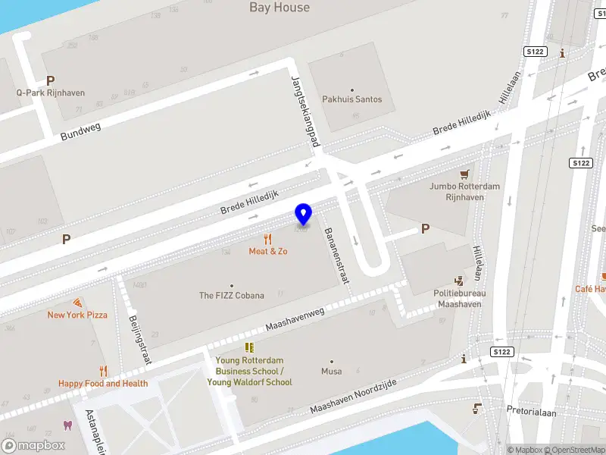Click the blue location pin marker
(304, 215)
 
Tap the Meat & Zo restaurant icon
(268, 239)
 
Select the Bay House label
(280, 8)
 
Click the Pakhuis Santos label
(352, 99)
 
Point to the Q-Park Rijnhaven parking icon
(51, 80)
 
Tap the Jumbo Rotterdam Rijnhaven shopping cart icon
(464, 174)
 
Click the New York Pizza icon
(77, 302)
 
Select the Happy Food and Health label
(103, 384)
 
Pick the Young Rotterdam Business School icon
(249, 347)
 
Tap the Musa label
(331, 372)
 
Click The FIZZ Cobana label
(232, 296)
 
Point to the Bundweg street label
(81, 132)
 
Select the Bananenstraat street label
(336, 256)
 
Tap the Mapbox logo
(33, 446)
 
